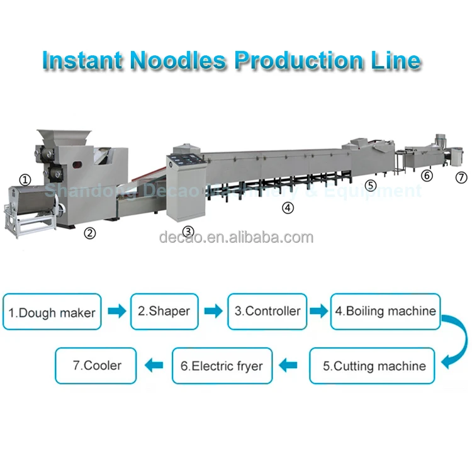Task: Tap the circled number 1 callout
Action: pos(24,162)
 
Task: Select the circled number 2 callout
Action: pos(90,233)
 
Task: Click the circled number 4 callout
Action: pos(288,207)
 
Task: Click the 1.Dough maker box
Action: pos(52,312)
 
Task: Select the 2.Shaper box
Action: pos(164,312)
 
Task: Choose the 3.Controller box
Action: pos(267,312)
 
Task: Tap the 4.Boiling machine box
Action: pos(385,312)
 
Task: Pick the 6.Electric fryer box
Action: pos(222,366)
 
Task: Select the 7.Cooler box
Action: pos(96,366)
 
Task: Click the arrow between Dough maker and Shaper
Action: pos(116,312)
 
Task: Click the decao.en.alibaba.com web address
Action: pos(236,237)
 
